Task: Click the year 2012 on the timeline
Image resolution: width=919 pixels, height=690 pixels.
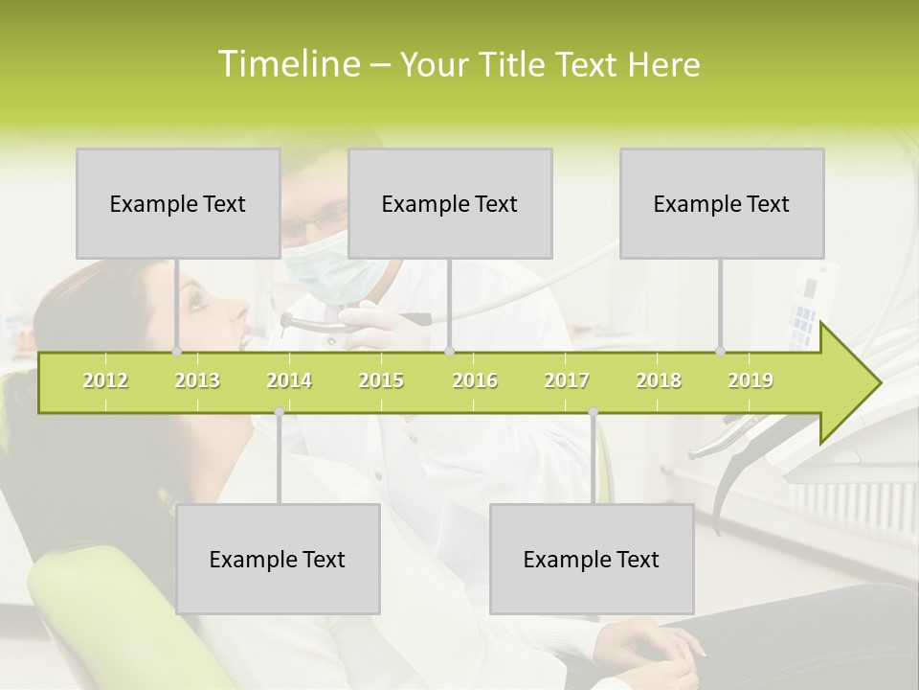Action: click(105, 380)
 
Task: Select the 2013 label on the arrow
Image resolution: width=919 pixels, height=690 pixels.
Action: click(197, 380)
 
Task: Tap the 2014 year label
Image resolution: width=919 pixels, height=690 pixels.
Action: click(289, 380)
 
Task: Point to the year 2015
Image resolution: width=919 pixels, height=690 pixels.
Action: click(381, 380)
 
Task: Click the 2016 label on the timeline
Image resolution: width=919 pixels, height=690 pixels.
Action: click(475, 380)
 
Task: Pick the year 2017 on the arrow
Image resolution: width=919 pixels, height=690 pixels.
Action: click(567, 380)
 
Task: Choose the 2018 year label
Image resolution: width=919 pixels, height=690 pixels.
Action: click(659, 380)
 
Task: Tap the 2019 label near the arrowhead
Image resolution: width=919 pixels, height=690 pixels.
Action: click(751, 380)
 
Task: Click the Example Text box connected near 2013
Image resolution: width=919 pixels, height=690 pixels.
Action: click(178, 203)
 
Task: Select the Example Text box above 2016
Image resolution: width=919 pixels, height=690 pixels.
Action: click(450, 203)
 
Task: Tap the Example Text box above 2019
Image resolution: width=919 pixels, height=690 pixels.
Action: click(722, 203)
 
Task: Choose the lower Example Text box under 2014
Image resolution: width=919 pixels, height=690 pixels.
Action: click(278, 559)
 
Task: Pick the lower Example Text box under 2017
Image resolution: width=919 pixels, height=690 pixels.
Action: click(592, 559)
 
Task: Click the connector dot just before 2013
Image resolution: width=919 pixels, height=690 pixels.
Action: click(177, 352)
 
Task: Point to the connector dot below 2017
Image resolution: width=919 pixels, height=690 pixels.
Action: click(594, 412)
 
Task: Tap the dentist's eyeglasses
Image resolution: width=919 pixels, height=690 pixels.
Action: click(311, 225)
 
